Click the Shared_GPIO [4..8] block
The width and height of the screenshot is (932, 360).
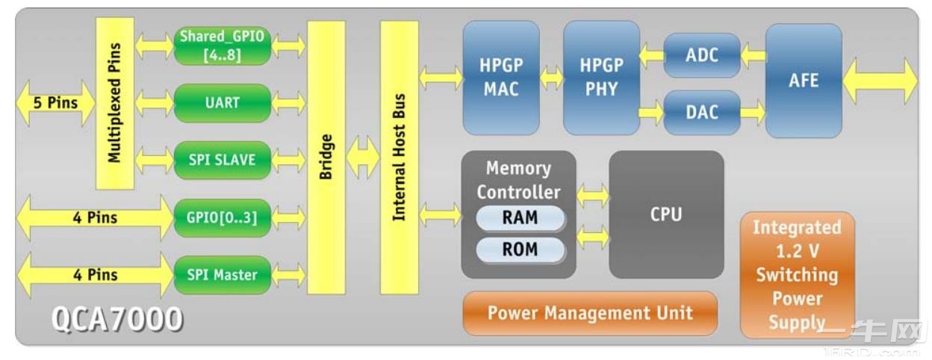tap(222, 46)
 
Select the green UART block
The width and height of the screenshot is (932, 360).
tap(222, 103)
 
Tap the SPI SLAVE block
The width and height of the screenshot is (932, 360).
tap(222, 160)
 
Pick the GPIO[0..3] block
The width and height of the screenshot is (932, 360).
tap(222, 217)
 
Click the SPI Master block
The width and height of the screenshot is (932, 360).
tap(222, 275)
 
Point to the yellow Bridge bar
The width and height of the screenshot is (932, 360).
tap(326, 157)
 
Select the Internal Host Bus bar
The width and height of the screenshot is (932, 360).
tap(399, 157)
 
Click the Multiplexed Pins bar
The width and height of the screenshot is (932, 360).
tap(114, 103)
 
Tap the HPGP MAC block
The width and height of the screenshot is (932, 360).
tap(501, 77)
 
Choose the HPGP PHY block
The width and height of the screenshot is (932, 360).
tap(601, 77)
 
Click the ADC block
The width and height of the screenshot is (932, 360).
tap(702, 55)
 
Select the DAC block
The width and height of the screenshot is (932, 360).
tap(702, 113)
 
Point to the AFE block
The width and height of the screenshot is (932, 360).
tap(804, 81)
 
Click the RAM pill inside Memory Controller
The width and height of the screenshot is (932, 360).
tap(521, 218)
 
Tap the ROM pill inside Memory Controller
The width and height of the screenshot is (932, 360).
tap(521, 249)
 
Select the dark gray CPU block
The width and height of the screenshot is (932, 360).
tap(666, 214)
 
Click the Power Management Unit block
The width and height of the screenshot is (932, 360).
tap(590, 313)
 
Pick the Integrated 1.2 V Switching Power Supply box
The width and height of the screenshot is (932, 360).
tap(797, 275)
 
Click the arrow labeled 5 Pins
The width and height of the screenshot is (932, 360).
tap(55, 103)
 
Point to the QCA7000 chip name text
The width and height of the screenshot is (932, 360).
tap(117, 320)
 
